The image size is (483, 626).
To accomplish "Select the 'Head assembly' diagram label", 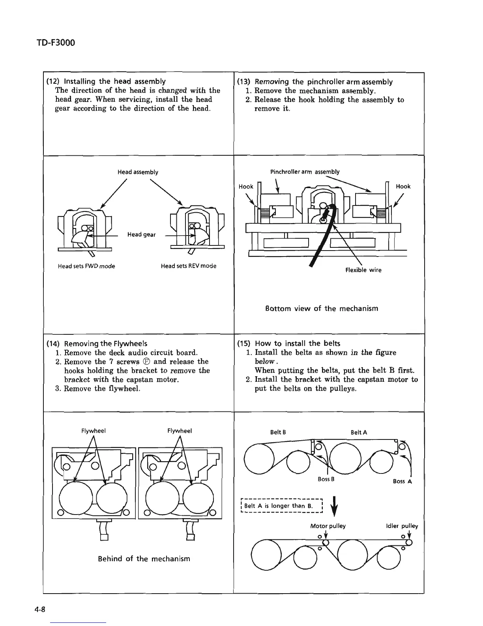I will pos(138,172).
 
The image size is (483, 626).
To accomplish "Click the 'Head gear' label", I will pos(141,234).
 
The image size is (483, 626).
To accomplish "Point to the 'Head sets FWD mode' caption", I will pos(86,266).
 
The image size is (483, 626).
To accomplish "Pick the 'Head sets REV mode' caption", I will pos(189,266).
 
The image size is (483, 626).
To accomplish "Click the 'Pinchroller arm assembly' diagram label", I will pos(305,172).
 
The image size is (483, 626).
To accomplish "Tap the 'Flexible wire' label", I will pos(363,270).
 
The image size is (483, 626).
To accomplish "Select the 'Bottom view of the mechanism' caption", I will pos(322,308).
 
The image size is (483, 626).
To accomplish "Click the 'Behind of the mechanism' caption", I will pos(144,558).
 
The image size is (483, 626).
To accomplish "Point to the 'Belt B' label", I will pos(278,432).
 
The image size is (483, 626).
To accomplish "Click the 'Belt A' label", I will pos(359,432).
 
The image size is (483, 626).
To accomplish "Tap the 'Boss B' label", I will pos(326,479).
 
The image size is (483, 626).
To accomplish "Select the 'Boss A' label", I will pos(402,481).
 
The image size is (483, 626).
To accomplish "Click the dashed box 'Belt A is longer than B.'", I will pos(282,506).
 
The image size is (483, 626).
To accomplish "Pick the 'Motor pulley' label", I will pos(328,526).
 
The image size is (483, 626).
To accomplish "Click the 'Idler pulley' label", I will pos(402,526).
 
